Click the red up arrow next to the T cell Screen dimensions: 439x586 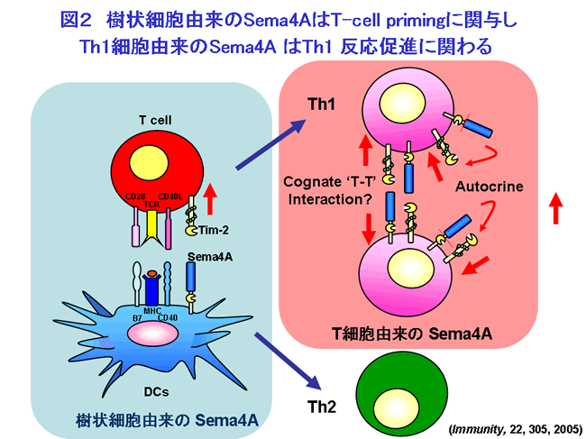coord(211,193)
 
